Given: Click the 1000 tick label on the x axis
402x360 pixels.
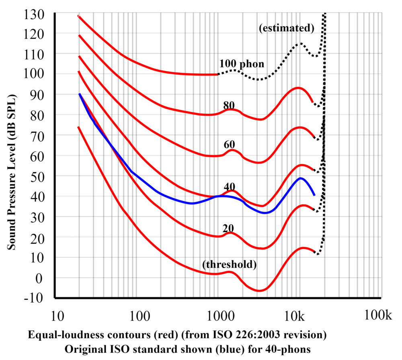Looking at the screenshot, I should (220, 317).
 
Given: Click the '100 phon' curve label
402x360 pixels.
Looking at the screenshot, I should (242, 64).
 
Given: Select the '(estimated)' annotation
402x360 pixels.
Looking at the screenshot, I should (286, 28).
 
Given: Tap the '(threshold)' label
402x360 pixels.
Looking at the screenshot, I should (230, 264).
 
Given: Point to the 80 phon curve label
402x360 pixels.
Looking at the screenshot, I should (229, 105).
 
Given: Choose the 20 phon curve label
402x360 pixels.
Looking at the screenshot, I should (229, 228).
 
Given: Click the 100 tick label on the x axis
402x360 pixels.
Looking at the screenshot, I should (139, 317).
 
